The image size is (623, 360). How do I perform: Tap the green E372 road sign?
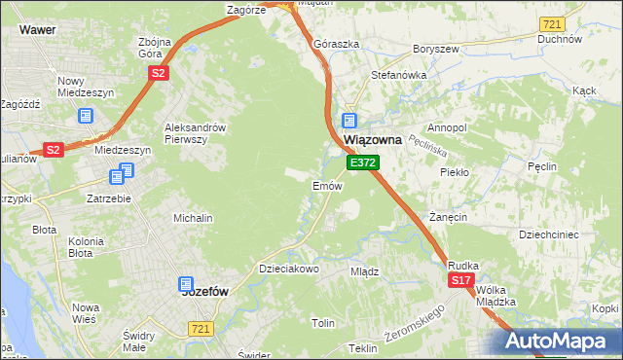click(x=362, y=162)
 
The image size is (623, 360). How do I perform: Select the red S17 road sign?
click(x=461, y=280)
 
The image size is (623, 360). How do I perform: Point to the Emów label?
click(x=325, y=185)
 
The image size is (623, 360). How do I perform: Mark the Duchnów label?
click(x=559, y=40)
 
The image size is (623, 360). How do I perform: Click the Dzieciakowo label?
click(x=288, y=269)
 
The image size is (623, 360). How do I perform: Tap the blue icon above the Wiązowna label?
click(x=348, y=121)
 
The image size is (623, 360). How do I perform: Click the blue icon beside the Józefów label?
click(x=186, y=284)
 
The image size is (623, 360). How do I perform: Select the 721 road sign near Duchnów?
click(x=552, y=23)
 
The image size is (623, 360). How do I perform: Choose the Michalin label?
click(x=193, y=219)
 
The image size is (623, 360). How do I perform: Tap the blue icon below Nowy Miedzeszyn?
click(x=85, y=116)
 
